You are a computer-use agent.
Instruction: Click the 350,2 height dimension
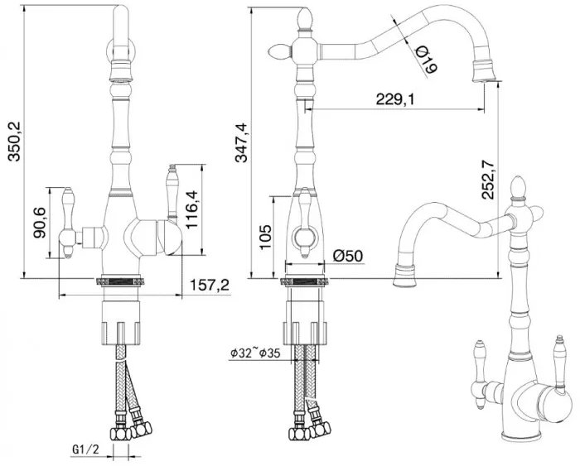[x=16, y=142]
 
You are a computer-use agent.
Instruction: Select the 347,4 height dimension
[x=242, y=142]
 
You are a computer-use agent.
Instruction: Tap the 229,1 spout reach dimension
[x=395, y=99]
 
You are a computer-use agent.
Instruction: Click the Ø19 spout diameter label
[x=426, y=60]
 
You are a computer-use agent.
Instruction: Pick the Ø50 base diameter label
[x=348, y=256]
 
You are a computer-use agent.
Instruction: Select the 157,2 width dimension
[x=210, y=285]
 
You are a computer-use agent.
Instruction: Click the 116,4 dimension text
[x=192, y=209]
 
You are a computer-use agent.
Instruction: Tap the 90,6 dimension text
[x=39, y=223]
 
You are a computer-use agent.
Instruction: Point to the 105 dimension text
[x=265, y=237]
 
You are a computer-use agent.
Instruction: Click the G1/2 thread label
[x=86, y=449]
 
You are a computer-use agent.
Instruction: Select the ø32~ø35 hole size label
[x=255, y=353]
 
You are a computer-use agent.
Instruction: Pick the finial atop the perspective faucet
[x=518, y=187]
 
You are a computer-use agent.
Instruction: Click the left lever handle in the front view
[x=69, y=223]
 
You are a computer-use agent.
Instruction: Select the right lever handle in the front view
[x=172, y=194]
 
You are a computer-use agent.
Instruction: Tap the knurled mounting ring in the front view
[x=119, y=281]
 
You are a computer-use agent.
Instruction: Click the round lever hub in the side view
[x=305, y=237]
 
